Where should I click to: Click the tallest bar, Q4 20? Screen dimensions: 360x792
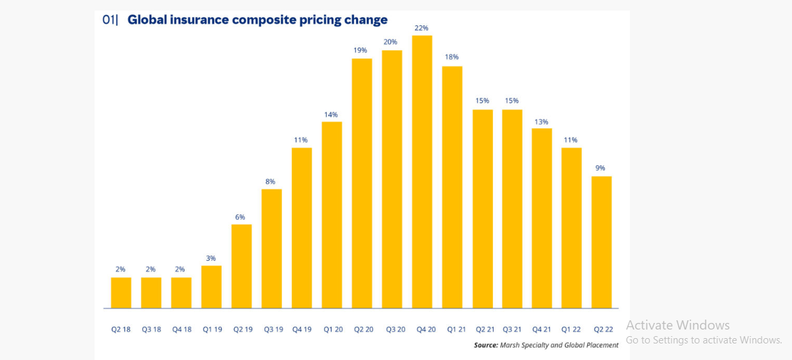422,172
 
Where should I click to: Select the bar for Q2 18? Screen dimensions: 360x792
121,293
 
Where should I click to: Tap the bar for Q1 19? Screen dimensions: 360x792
211,287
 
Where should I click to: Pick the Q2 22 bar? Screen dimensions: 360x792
601,242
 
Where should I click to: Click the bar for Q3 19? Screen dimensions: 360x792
271,249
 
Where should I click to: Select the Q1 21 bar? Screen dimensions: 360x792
452,187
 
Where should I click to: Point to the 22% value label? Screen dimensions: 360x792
422,28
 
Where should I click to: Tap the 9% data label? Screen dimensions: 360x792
601,168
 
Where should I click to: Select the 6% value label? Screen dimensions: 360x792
240,217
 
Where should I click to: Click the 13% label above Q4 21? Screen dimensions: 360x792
541,121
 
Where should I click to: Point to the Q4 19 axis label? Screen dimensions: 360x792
302,329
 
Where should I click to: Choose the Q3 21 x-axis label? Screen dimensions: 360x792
511,329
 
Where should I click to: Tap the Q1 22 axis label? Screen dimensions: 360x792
572,329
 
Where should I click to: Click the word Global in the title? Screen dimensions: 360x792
148,20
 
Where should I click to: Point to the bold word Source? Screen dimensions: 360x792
486,345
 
